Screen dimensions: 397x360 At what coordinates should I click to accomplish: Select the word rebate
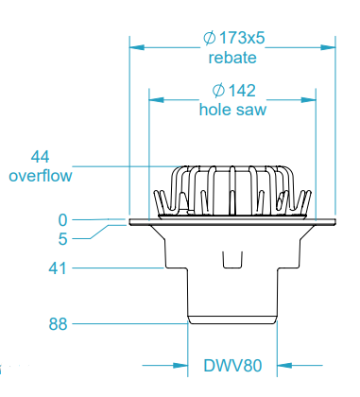pos(232,59)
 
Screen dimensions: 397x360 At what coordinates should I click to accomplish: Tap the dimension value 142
pos(242,92)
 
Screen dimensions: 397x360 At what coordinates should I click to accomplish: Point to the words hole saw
pos(232,110)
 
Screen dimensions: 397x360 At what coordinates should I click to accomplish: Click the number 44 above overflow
pos(40,157)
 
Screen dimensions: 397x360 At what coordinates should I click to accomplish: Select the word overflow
pos(40,175)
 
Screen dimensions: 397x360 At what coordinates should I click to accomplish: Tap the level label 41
pos(58,268)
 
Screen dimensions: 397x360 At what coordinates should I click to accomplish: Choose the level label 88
pos(58,325)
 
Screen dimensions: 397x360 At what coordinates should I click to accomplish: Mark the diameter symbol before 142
pos(217,92)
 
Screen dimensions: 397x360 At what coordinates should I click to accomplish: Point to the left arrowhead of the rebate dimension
pos(134,45)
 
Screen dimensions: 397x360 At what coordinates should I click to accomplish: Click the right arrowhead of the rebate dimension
pos(331,45)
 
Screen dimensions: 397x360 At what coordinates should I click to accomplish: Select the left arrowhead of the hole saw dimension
pos(155,96)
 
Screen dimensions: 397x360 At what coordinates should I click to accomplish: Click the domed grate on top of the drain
pos(232,189)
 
